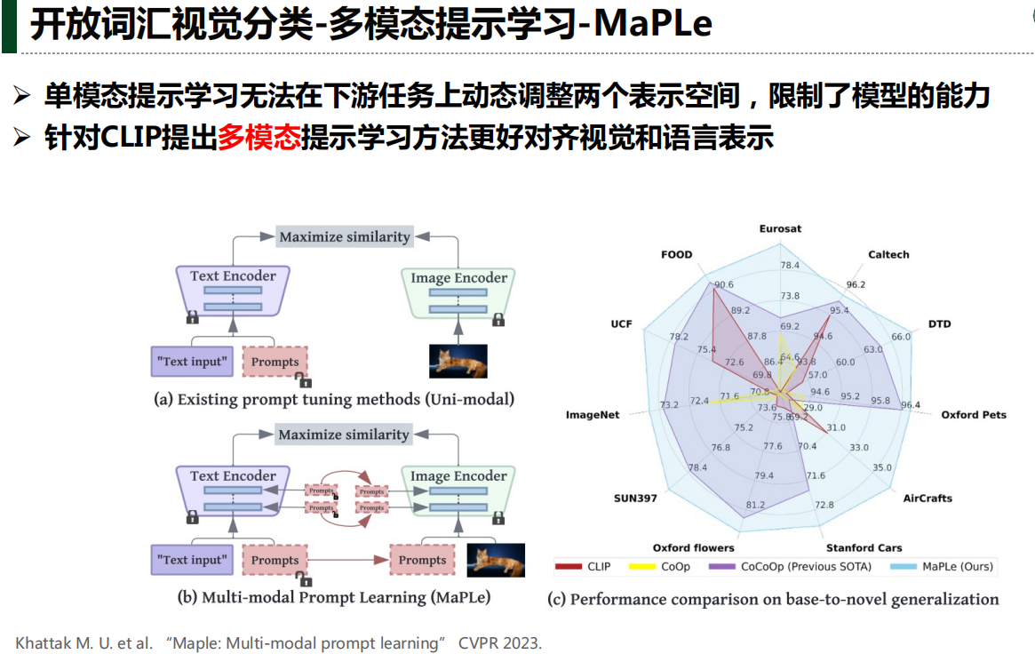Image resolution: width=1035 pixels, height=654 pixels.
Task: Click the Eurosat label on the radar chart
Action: pos(780,228)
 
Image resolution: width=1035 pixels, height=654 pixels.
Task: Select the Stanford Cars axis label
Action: pos(864,548)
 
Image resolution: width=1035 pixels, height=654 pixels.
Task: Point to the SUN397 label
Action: pos(635,498)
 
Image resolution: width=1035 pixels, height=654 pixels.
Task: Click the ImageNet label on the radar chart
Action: pos(592,415)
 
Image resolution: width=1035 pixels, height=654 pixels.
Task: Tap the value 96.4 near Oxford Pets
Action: pos(911,406)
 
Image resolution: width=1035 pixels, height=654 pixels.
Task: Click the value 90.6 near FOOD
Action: pos(723,284)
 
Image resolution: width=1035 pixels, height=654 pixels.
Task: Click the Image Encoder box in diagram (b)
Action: pos(458,490)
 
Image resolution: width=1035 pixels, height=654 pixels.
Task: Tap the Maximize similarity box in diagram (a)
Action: pos(345,236)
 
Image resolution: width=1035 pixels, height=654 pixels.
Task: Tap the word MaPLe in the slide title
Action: pos(652,24)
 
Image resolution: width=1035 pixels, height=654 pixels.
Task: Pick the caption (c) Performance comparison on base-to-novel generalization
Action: pos(773,600)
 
